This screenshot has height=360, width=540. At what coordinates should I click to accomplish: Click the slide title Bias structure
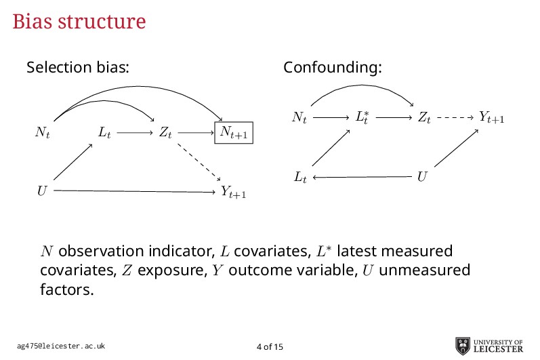(79, 22)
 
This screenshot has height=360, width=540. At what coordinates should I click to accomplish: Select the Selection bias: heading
(77, 68)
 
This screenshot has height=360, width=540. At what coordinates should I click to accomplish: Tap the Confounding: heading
(332, 68)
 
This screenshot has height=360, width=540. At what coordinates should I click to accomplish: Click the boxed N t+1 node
(234, 133)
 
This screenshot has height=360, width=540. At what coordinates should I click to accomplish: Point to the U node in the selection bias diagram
(42, 192)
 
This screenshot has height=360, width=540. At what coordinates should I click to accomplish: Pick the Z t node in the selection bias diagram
(165, 133)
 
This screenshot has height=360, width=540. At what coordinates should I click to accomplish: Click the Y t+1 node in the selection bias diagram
(234, 193)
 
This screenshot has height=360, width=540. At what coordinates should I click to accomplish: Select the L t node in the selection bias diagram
(104, 133)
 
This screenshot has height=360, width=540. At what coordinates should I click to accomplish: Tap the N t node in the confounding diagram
(299, 118)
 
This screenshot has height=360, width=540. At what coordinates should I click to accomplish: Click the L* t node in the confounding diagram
(362, 117)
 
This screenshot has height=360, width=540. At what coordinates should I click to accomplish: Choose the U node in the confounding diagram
(422, 177)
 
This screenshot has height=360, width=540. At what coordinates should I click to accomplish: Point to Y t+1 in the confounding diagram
(491, 117)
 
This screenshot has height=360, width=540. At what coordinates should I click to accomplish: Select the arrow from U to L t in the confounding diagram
(362, 178)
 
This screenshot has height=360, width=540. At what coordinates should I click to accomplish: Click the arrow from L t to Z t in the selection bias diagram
(134, 134)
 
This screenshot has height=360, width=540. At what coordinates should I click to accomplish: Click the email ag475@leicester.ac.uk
(60, 346)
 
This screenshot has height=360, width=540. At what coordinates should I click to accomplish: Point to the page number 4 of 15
(270, 347)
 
